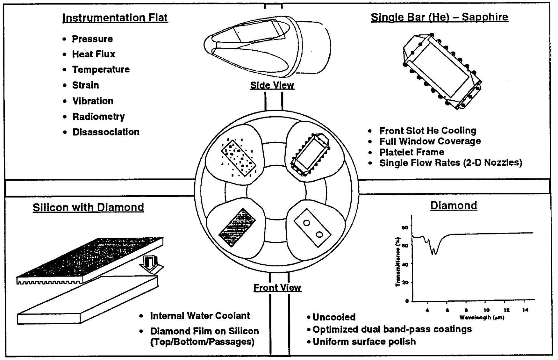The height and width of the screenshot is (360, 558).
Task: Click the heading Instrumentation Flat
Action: (x=115, y=18)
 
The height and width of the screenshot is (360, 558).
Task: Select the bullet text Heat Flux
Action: (x=93, y=54)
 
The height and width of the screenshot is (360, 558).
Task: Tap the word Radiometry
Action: (x=98, y=117)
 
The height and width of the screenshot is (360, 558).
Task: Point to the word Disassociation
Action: (x=106, y=132)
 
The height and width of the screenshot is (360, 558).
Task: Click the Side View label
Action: (x=272, y=85)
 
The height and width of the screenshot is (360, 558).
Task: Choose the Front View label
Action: (x=277, y=288)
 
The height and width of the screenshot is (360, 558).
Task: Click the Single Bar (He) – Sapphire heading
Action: (x=440, y=17)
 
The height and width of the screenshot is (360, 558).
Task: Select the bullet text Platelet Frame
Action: (x=411, y=152)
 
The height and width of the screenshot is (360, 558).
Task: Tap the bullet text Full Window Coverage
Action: (x=430, y=141)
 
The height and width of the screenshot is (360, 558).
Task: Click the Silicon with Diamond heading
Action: (x=88, y=207)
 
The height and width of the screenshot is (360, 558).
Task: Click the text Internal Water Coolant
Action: (x=200, y=316)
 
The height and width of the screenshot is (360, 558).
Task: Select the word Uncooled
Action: (x=334, y=317)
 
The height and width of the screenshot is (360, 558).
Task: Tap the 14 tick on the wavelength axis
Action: (x=526, y=310)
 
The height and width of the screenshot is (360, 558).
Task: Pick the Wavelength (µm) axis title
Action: (x=482, y=318)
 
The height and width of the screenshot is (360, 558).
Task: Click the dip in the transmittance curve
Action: (x=433, y=252)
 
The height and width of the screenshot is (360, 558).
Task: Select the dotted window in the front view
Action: (x=239, y=158)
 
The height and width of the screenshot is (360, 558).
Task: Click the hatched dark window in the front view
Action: (x=237, y=227)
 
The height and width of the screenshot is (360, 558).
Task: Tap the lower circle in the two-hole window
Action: (x=319, y=235)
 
